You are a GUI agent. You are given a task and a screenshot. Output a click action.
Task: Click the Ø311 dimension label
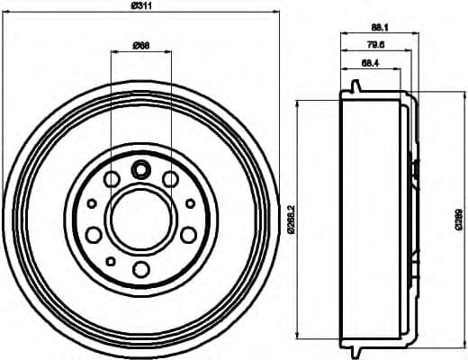141,7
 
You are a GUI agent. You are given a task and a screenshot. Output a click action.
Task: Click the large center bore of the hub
140,220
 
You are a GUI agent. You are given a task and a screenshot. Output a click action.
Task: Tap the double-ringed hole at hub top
140,168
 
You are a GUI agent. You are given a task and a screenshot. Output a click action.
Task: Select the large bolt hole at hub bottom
140,270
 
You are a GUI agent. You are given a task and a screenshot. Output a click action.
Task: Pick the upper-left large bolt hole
111,180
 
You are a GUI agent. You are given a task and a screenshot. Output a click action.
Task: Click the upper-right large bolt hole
170,180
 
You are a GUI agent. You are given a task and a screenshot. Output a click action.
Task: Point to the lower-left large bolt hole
93,235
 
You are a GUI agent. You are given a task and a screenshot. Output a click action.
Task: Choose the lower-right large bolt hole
188,235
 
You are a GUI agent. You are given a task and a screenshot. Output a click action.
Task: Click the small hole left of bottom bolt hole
110,261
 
